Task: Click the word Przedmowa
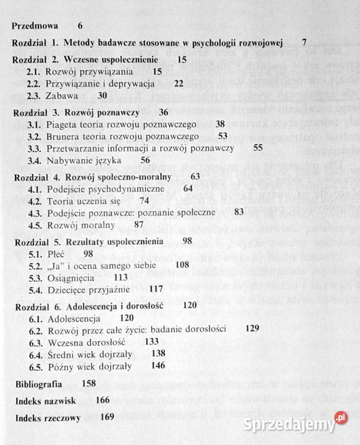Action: pyautogui.click(x=35, y=26)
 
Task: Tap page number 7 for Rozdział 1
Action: pyautogui.click(x=304, y=43)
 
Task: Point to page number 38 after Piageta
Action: pyautogui.click(x=220, y=124)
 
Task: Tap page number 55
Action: pyautogui.click(x=258, y=148)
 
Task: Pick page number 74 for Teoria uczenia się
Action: pyautogui.click(x=145, y=200)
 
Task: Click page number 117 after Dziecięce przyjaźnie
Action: pyautogui.click(x=156, y=289)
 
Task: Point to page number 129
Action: pyautogui.click(x=252, y=329)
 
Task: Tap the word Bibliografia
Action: pyautogui.click(x=38, y=383)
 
